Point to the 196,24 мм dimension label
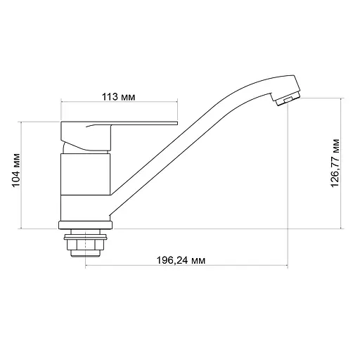[180, 259]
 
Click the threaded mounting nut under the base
[85, 245]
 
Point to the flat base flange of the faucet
[85, 226]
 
